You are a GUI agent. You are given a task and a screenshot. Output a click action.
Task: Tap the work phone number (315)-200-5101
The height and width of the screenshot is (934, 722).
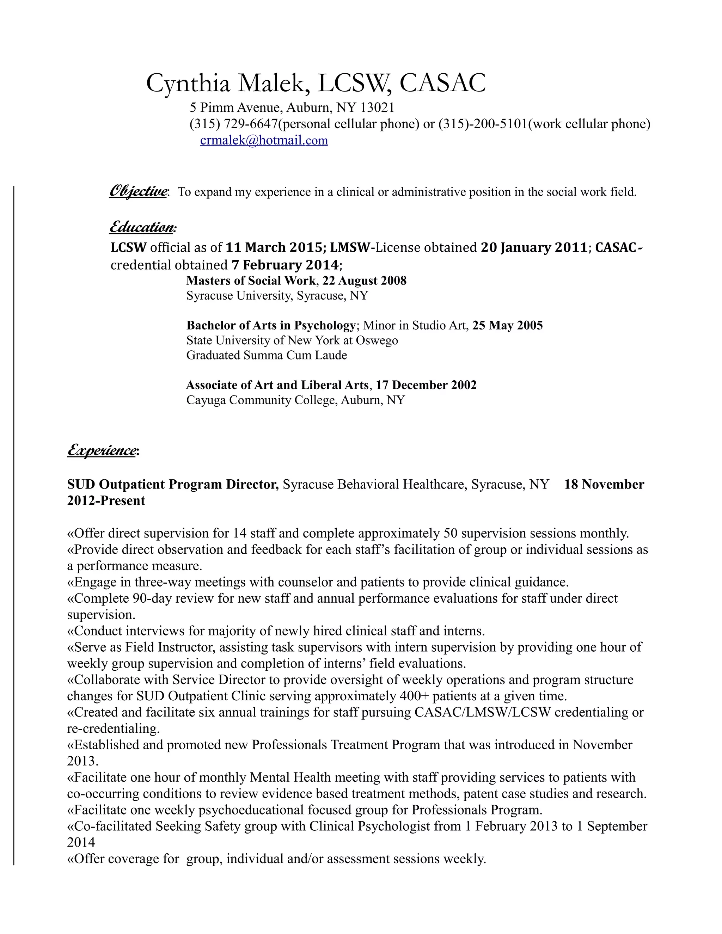tap(483, 124)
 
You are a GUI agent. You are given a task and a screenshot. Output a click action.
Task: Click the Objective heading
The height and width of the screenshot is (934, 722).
tap(138, 191)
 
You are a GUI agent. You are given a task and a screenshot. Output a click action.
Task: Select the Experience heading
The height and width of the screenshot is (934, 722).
tap(102, 450)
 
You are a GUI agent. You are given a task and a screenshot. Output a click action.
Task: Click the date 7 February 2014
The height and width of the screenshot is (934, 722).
tap(285, 265)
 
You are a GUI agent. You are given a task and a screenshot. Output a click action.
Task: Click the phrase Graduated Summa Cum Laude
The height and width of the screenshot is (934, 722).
tap(267, 355)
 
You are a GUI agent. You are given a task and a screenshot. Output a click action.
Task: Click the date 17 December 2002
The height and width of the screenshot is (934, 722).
tap(426, 385)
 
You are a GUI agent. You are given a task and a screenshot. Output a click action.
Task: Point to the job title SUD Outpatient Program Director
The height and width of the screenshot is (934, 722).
tap(173, 484)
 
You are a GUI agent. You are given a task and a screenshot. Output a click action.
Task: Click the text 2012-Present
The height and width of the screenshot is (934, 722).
tap(106, 500)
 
